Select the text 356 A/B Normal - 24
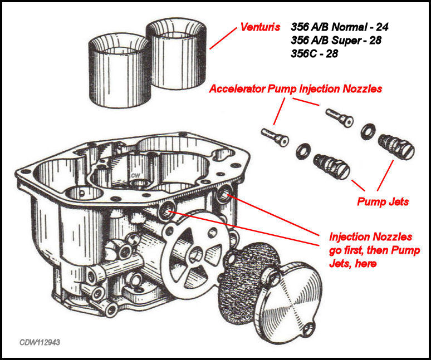tap(343, 26)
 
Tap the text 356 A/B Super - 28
tap(340, 40)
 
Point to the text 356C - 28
tap(314, 55)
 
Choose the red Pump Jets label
tap(383, 201)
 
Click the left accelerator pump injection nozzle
tap(274, 137)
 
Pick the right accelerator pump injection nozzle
tap(339, 119)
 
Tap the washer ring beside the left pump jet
tap(303, 151)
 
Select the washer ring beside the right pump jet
tap(368, 131)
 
